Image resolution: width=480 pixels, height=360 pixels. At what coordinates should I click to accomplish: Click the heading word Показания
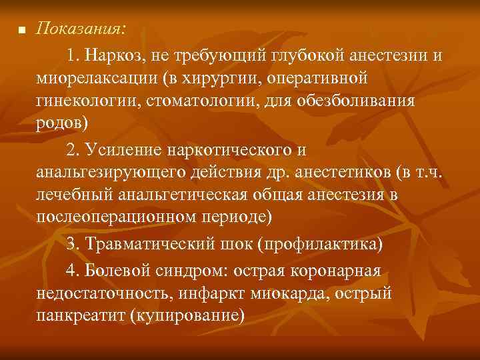coord(78,29)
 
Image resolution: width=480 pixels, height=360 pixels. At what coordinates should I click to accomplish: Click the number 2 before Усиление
coord(71,147)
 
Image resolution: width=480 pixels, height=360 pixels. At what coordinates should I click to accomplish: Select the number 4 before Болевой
coord(71,270)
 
